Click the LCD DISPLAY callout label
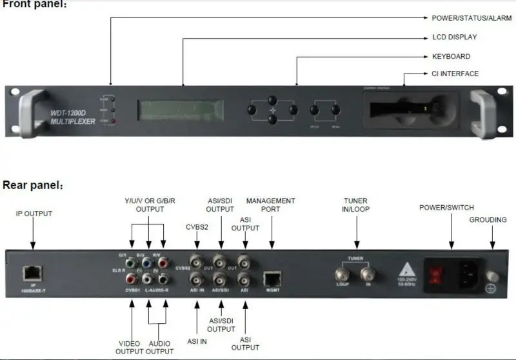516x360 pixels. [x=454, y=37]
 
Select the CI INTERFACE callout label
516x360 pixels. [x=455, y=74]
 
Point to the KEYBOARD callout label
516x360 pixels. [x=451, y=56]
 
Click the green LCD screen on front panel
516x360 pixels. [x=183, y=110]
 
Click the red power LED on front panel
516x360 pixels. [x=114, y=121]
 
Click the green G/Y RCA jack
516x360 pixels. [x=132, y=263]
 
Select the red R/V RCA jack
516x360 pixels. [x=164, y=263]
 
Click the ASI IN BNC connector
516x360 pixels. [x=196, y=279]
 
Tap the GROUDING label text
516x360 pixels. [x=488, y=220]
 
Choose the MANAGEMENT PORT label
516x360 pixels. [x=271, y=205]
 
